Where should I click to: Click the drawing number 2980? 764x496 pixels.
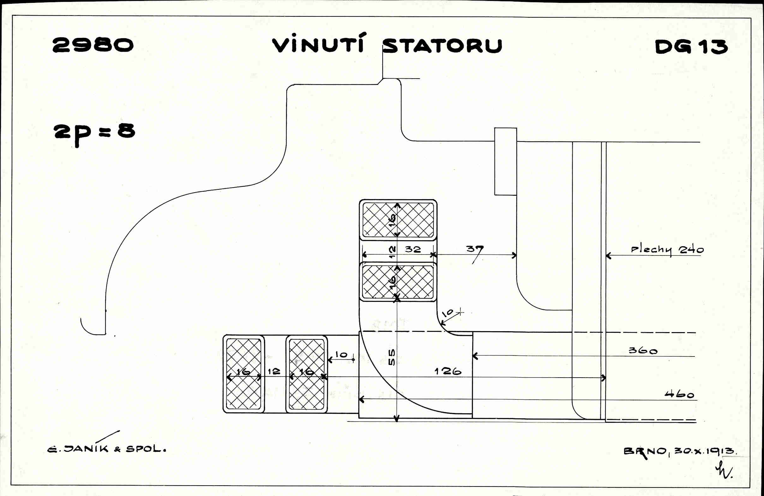coord(93,45)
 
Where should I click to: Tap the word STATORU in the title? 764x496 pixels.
coord(442,46)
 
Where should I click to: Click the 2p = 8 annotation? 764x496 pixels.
coord(94,132)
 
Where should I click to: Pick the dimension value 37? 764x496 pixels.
coord(475,249)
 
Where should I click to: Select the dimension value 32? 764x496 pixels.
coord(413,249)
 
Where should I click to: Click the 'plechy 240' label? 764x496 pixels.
coord(667,250)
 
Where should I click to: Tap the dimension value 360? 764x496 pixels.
coord(643,350)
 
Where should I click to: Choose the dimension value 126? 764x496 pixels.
coord(448,371)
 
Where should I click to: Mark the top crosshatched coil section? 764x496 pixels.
coord(398,220)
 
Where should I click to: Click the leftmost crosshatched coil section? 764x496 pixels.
coord(244,374)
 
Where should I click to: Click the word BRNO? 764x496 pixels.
coord(645,451)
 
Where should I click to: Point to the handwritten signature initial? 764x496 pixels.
coord(724,470)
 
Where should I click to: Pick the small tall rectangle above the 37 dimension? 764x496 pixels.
coord(505,161)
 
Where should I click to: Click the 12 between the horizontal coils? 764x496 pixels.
coord(274,371)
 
